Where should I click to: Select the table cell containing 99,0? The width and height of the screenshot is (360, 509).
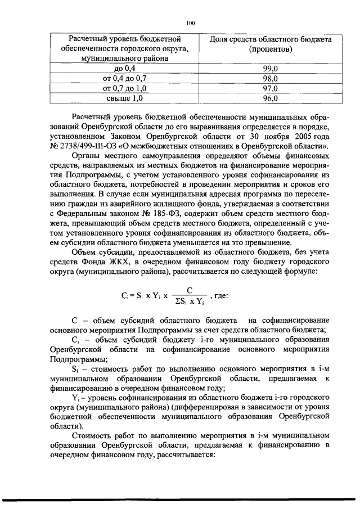click(270, 68)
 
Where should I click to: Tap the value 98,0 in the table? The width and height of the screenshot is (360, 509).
click(270, 78)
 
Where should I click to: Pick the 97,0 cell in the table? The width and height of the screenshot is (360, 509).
click(270, 88)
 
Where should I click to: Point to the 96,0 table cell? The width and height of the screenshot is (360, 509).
click(270, 98)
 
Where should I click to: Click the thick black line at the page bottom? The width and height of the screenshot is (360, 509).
click(180, 499)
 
